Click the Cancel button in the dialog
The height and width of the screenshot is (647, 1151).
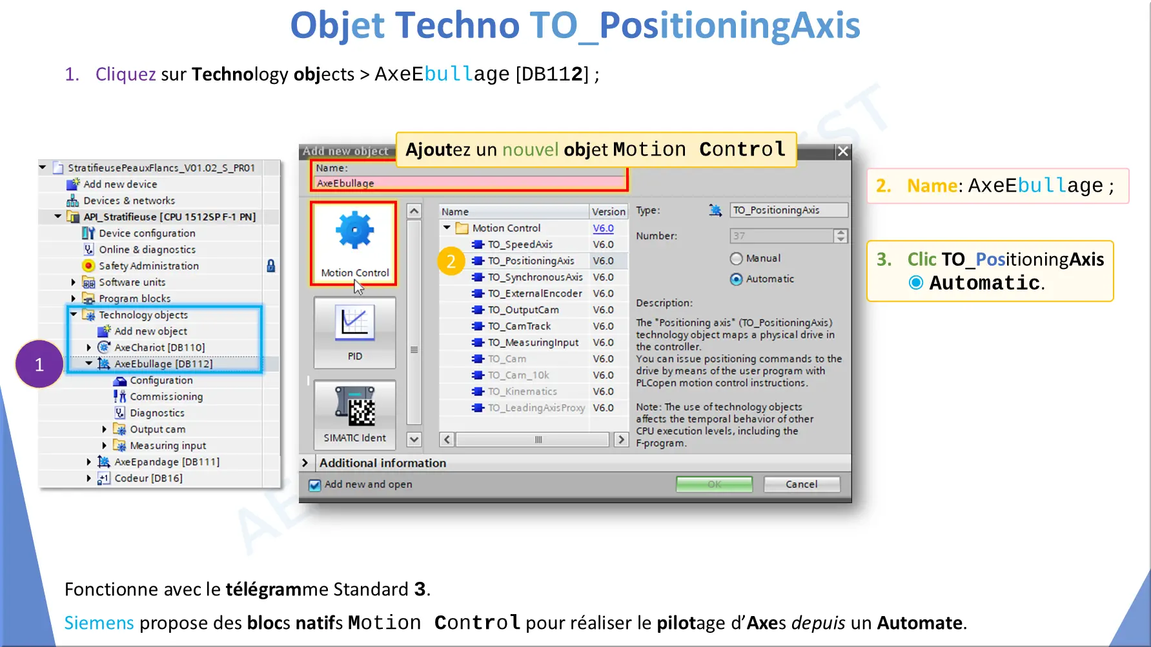coord(802,484)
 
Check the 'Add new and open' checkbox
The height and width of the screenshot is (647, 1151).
coord(314,485)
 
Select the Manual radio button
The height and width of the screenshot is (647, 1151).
coord(736,259)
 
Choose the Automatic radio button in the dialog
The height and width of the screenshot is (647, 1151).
coord(736,279)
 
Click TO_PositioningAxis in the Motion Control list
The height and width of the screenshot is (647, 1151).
coord(531,261)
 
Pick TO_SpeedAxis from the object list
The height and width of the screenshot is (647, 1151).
coord(520,244)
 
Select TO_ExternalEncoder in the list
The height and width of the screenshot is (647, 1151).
coord(535,294)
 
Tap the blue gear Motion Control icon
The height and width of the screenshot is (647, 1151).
coord(354,230)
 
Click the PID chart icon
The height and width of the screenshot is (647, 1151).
coord(354,323)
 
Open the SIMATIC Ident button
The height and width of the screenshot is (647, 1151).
coord(354,413)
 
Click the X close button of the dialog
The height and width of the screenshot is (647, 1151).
coord(842,151)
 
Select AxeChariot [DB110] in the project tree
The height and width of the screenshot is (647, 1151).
coord(159,348)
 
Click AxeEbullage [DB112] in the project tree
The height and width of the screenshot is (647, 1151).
coord(163,364)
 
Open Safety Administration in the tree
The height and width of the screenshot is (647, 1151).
coord(148,266)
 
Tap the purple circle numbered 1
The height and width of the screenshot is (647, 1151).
coord(39,364)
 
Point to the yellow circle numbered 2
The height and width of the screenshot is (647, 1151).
coord(451,261)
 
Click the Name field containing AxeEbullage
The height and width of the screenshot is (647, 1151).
coord(469,183)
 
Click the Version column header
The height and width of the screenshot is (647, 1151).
coord(609,212)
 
